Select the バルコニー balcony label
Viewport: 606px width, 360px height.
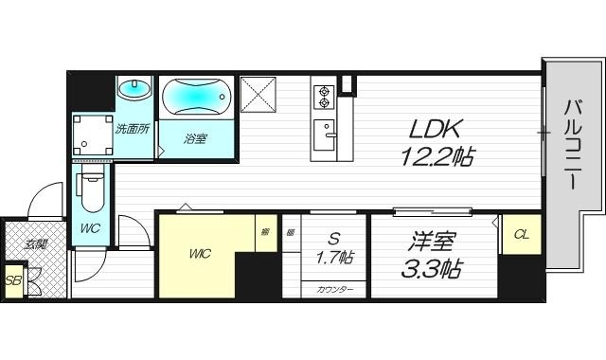574,144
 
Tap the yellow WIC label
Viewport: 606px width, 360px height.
201,253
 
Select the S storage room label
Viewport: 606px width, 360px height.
335,238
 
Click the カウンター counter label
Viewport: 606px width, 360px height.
334,288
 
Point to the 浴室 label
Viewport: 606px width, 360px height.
196,138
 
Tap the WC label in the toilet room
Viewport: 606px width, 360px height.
91,229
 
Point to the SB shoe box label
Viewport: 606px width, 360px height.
12,280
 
